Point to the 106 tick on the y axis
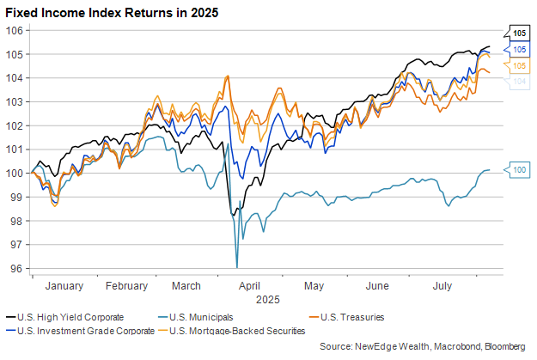tap(17, 30)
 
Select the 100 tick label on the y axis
tap(17, 173)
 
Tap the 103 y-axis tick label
tap(17, 101)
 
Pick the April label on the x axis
tap(249, 286)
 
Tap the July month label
tap(442, 286)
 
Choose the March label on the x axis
tap(186, 286)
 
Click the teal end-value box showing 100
tap(519, 170)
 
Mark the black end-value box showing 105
tap(519, 34)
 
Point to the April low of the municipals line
tap(237, 266)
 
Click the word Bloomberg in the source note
tap(503, 345)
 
